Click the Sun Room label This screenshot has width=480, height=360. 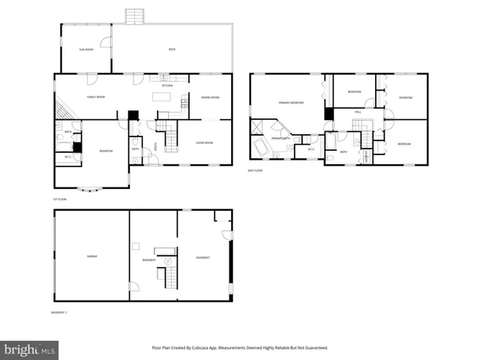(x=86, y=49)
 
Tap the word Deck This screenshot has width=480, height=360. (x=172, y=49)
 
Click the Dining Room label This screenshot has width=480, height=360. (x=210, y=97)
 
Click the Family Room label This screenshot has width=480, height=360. (x=95, y=97)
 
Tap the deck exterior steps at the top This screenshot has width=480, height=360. (x=134, y=16)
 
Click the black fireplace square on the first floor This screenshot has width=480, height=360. (x=133, y=115)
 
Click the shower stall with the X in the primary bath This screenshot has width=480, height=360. (x=257, y=126)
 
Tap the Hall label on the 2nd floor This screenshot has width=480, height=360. (x=358, y=112)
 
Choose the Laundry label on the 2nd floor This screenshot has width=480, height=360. (x=365, y=157)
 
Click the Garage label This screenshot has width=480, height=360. (x=91, y=256)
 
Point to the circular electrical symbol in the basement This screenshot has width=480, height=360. (x=169, y=261)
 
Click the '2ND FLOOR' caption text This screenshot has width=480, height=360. (x=256, y=171)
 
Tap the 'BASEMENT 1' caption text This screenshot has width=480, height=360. (x=59, y=312)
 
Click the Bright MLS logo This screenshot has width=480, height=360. (x=30, y=349)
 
